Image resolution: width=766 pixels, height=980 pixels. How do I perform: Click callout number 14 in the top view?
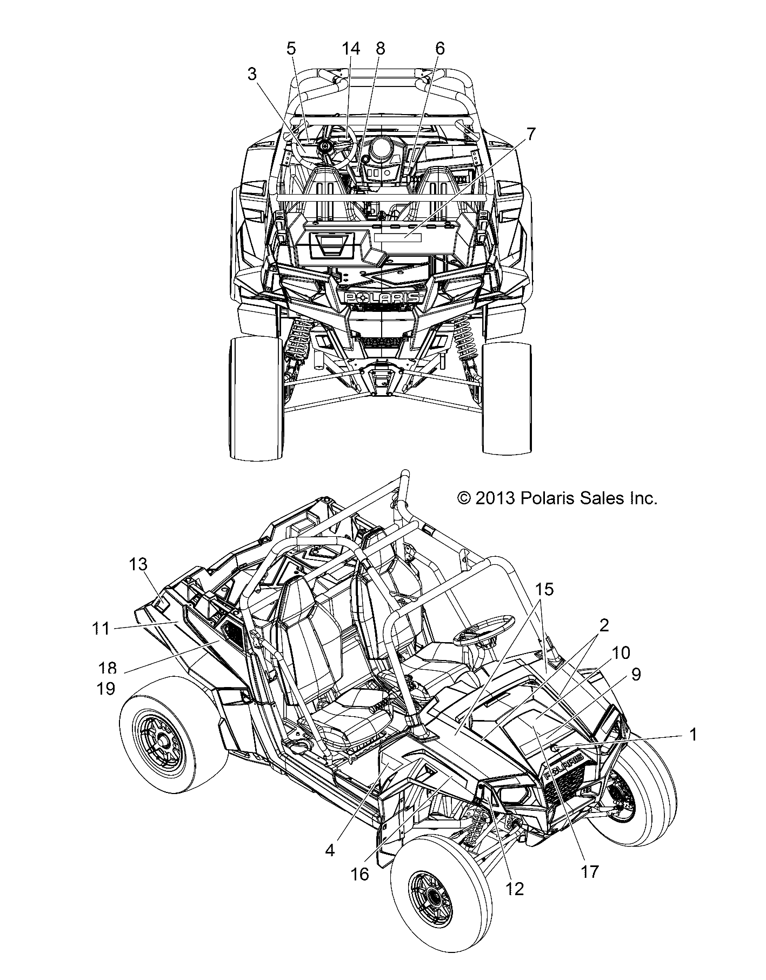coord(351,49)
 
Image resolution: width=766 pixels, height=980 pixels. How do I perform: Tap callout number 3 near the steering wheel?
coord(252,75)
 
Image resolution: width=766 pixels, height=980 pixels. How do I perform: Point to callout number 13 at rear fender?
coord(138,564)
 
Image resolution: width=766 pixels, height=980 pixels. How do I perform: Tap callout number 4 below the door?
coord(330,850)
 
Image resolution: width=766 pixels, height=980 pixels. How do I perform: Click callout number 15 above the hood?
coord(544,589)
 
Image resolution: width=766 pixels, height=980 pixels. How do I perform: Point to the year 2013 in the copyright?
coord(494,498)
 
